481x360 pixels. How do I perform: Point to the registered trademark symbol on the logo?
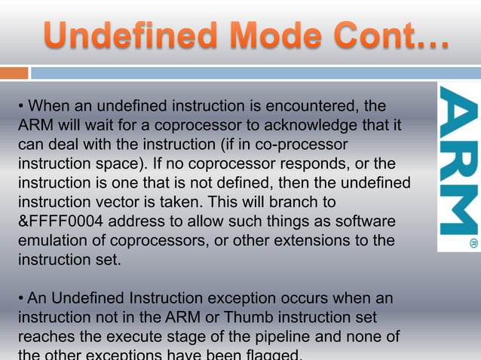[x=473, y=243]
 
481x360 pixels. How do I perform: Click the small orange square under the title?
[x=14, y=73]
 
